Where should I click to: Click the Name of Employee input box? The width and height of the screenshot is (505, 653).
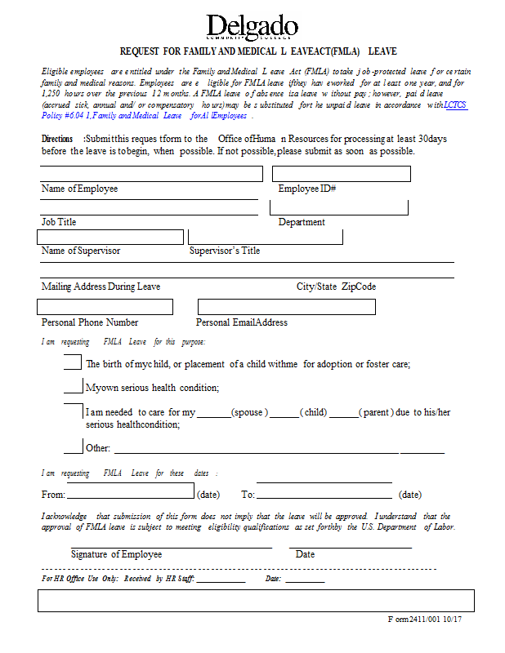tap(151, 174)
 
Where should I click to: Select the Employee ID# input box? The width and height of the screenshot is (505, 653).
tap(341, 174)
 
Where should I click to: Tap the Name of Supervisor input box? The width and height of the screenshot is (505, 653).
tap(110, 237)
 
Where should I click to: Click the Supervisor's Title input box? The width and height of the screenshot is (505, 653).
tap(265, 237)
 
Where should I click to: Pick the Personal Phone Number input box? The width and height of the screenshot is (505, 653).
tap(105, 307)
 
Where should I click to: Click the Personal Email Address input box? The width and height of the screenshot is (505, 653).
tap(286, 307)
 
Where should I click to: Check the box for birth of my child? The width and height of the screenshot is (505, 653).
tap(73, 363)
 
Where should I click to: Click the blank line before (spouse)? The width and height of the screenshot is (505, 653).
tap(214, 414)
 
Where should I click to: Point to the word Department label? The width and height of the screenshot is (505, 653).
tap(302, 222)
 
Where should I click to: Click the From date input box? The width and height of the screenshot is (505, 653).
tap(131, 491)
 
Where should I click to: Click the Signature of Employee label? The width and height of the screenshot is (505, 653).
tap(116, 554)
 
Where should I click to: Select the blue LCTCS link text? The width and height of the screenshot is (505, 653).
tap(455, 105)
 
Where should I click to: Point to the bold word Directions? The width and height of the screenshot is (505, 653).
tap(57, 140)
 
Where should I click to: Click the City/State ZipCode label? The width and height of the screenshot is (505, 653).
tap(336, 287)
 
